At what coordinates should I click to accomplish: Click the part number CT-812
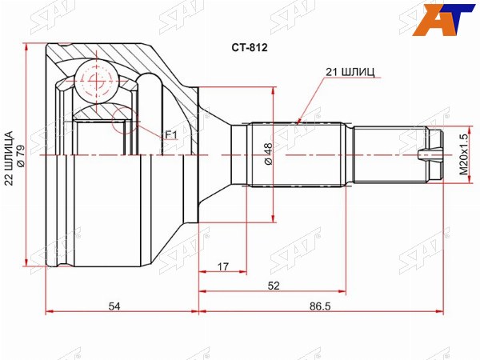249,47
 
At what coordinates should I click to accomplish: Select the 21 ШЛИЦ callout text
350,72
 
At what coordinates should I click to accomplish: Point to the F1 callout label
171,134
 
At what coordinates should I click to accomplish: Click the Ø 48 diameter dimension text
268,154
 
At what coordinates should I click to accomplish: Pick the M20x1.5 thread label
464,154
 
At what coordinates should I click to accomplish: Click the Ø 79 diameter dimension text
22,156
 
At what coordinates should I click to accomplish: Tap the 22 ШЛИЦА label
10,158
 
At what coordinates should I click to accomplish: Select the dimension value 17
223,266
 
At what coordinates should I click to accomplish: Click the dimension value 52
274,286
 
